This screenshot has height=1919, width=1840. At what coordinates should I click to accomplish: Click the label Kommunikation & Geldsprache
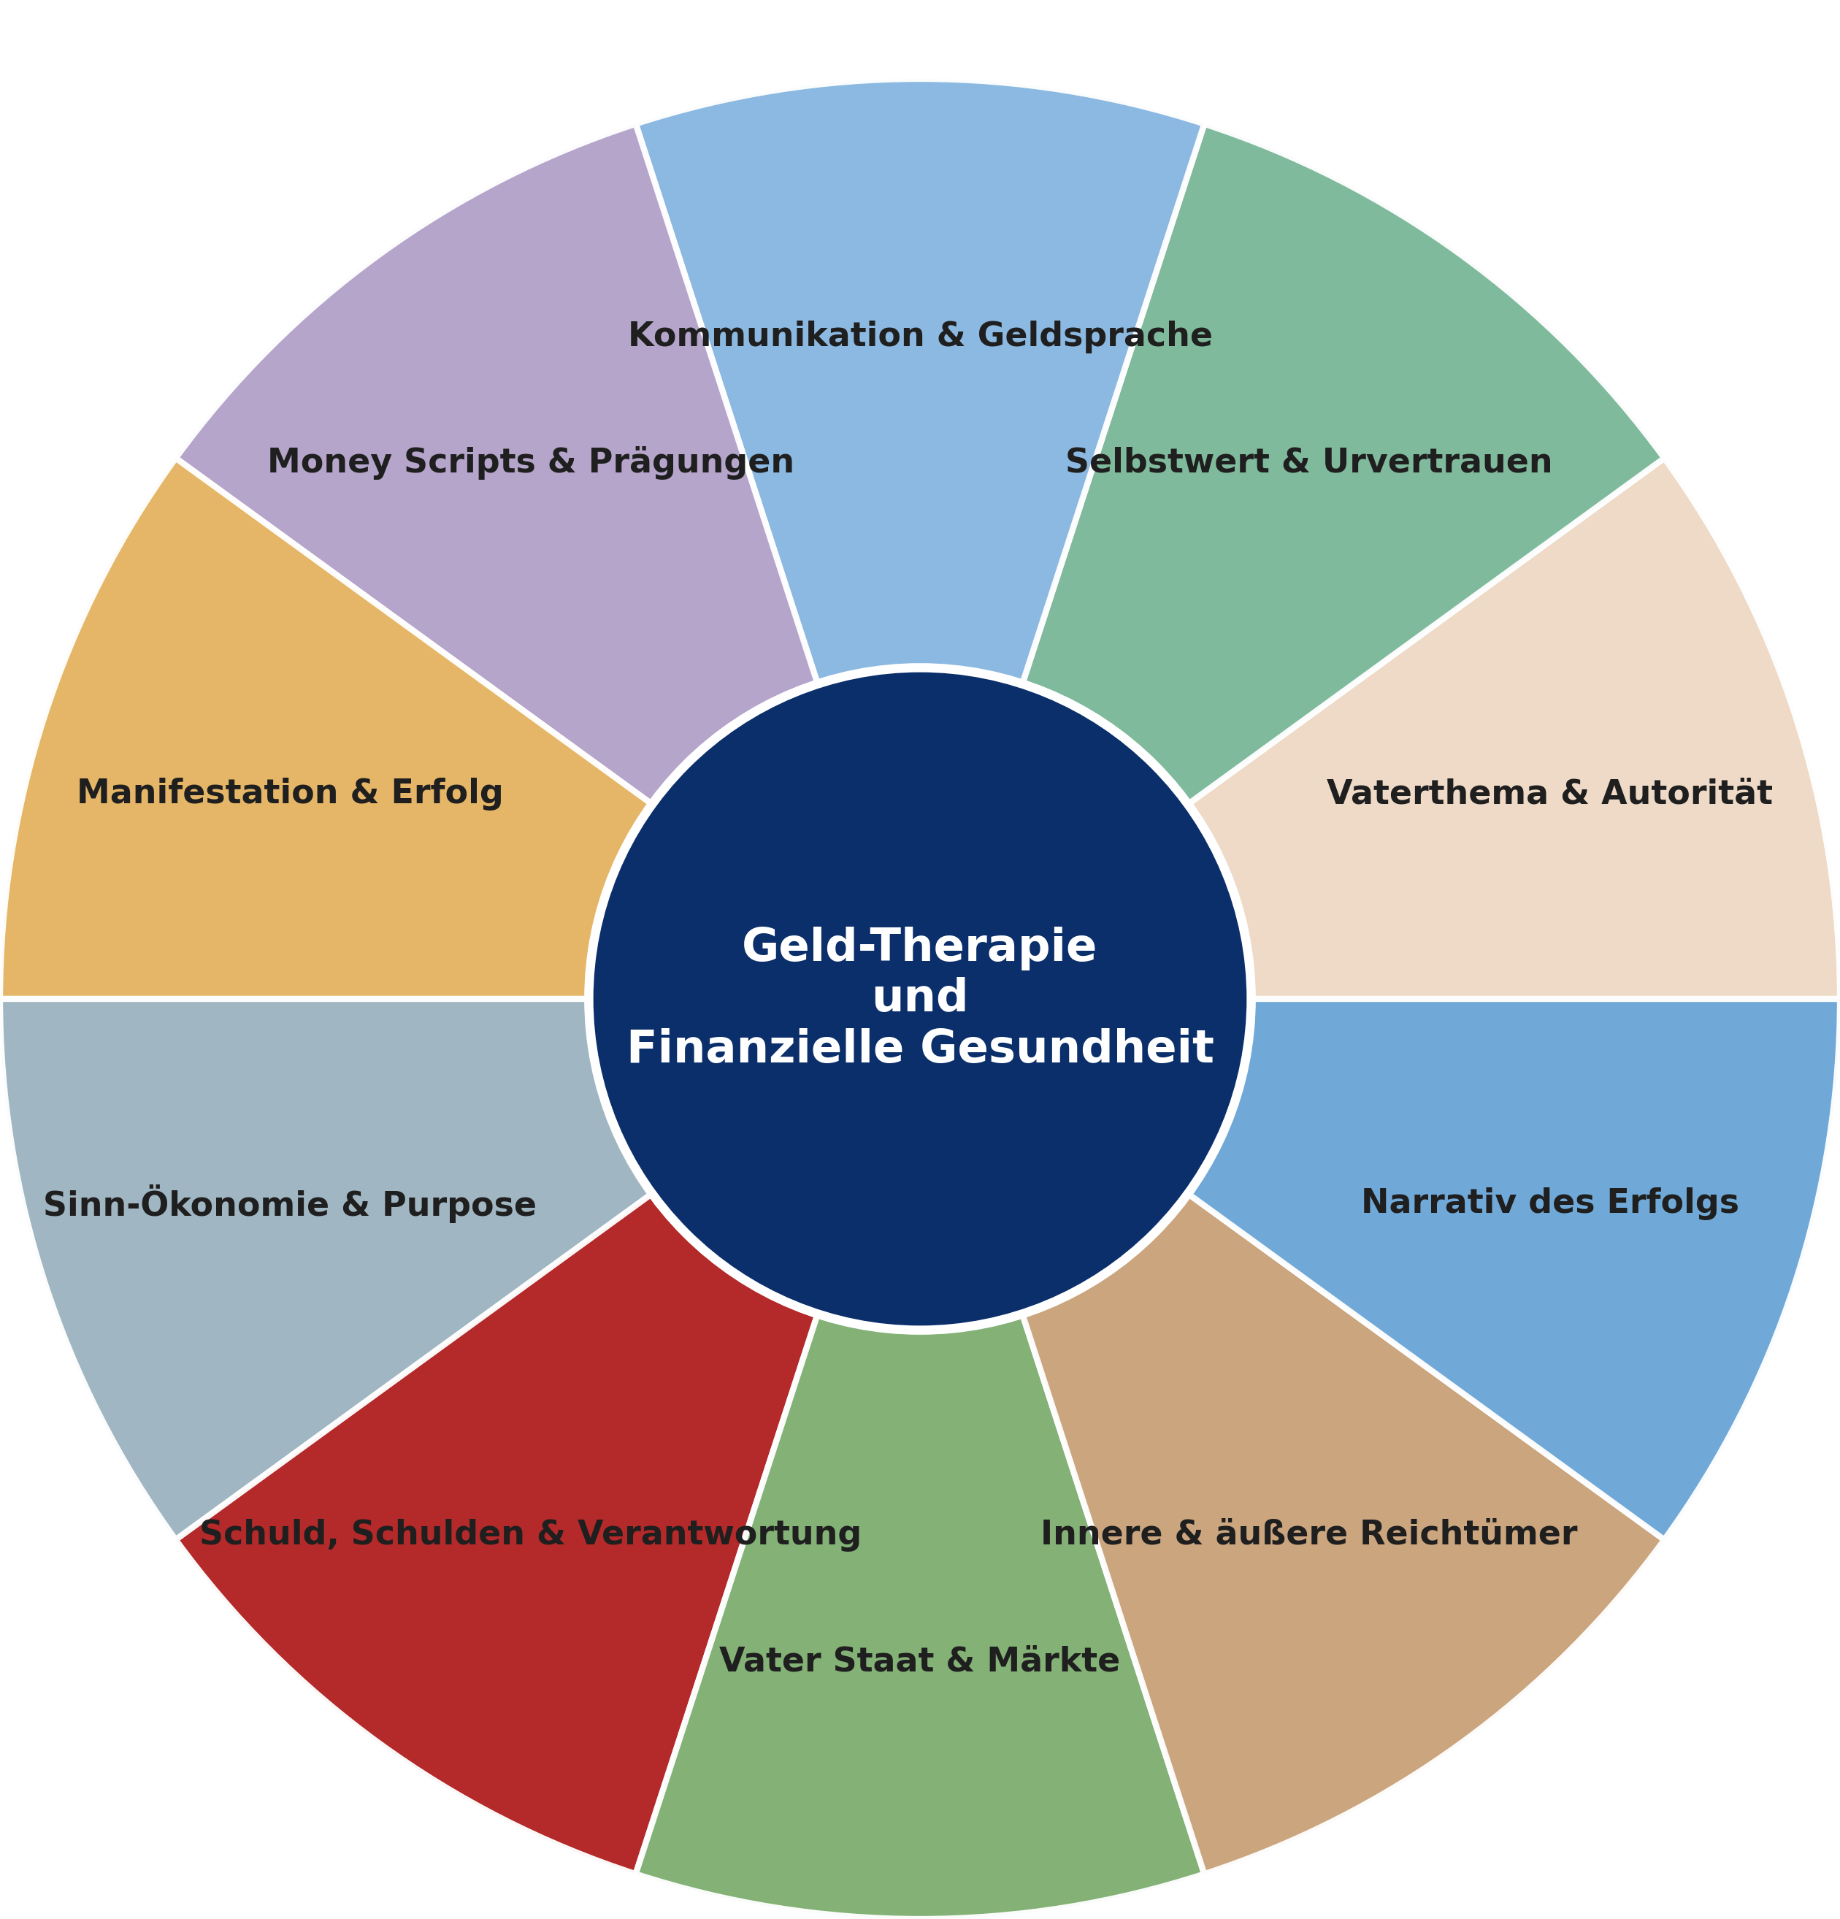coord(919,336)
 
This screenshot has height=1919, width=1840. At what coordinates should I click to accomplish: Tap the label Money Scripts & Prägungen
coord(530,460)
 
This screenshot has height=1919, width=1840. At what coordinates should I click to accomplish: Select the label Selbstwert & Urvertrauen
coord(1308,460)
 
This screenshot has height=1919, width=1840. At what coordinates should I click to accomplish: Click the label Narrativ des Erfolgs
coord(1549,1201)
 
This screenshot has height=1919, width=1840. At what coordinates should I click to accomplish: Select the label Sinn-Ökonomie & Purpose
coord(290,1204)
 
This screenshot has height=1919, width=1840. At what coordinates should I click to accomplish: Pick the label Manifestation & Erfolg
coord(290,792)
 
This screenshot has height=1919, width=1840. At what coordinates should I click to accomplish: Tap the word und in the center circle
coord(919,997)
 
